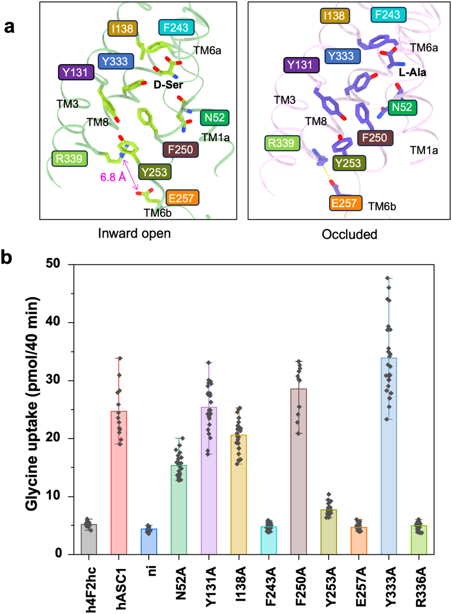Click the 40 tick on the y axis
tap(54, 322)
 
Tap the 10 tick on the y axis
tap(54, 496)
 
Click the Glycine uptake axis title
tap(32, 404)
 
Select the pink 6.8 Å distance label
tap(113, 177)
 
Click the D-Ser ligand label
tap(168, 84)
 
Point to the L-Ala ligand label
tap(412, 72)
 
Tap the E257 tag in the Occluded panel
tap(346, 203)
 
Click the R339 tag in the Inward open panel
tap(69, 159)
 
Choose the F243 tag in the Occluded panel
tap(388, 15)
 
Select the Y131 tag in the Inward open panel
tap(75, 72)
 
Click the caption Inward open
tap(134, 234)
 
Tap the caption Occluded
tap(349, 234)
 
